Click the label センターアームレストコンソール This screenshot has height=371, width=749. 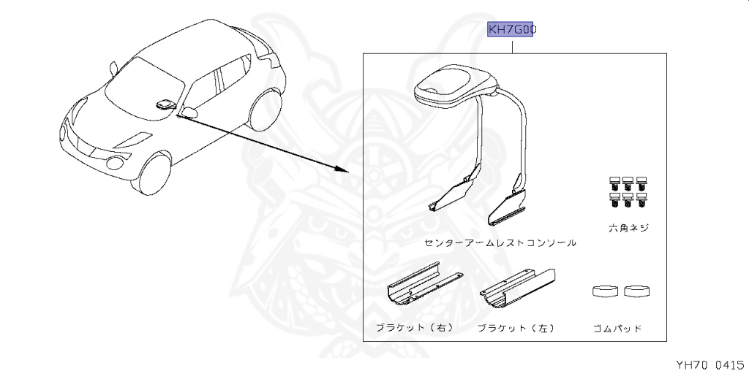coord(500,242)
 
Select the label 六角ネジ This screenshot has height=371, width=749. coord(628,228)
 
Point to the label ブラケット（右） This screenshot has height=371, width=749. coord(414,328)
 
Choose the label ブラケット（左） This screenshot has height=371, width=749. coord(516,328)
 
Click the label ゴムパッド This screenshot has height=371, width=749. coord(618,329)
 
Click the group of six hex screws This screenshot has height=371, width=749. coord(628,189)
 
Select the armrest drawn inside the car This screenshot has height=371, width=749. coord(165,102)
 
